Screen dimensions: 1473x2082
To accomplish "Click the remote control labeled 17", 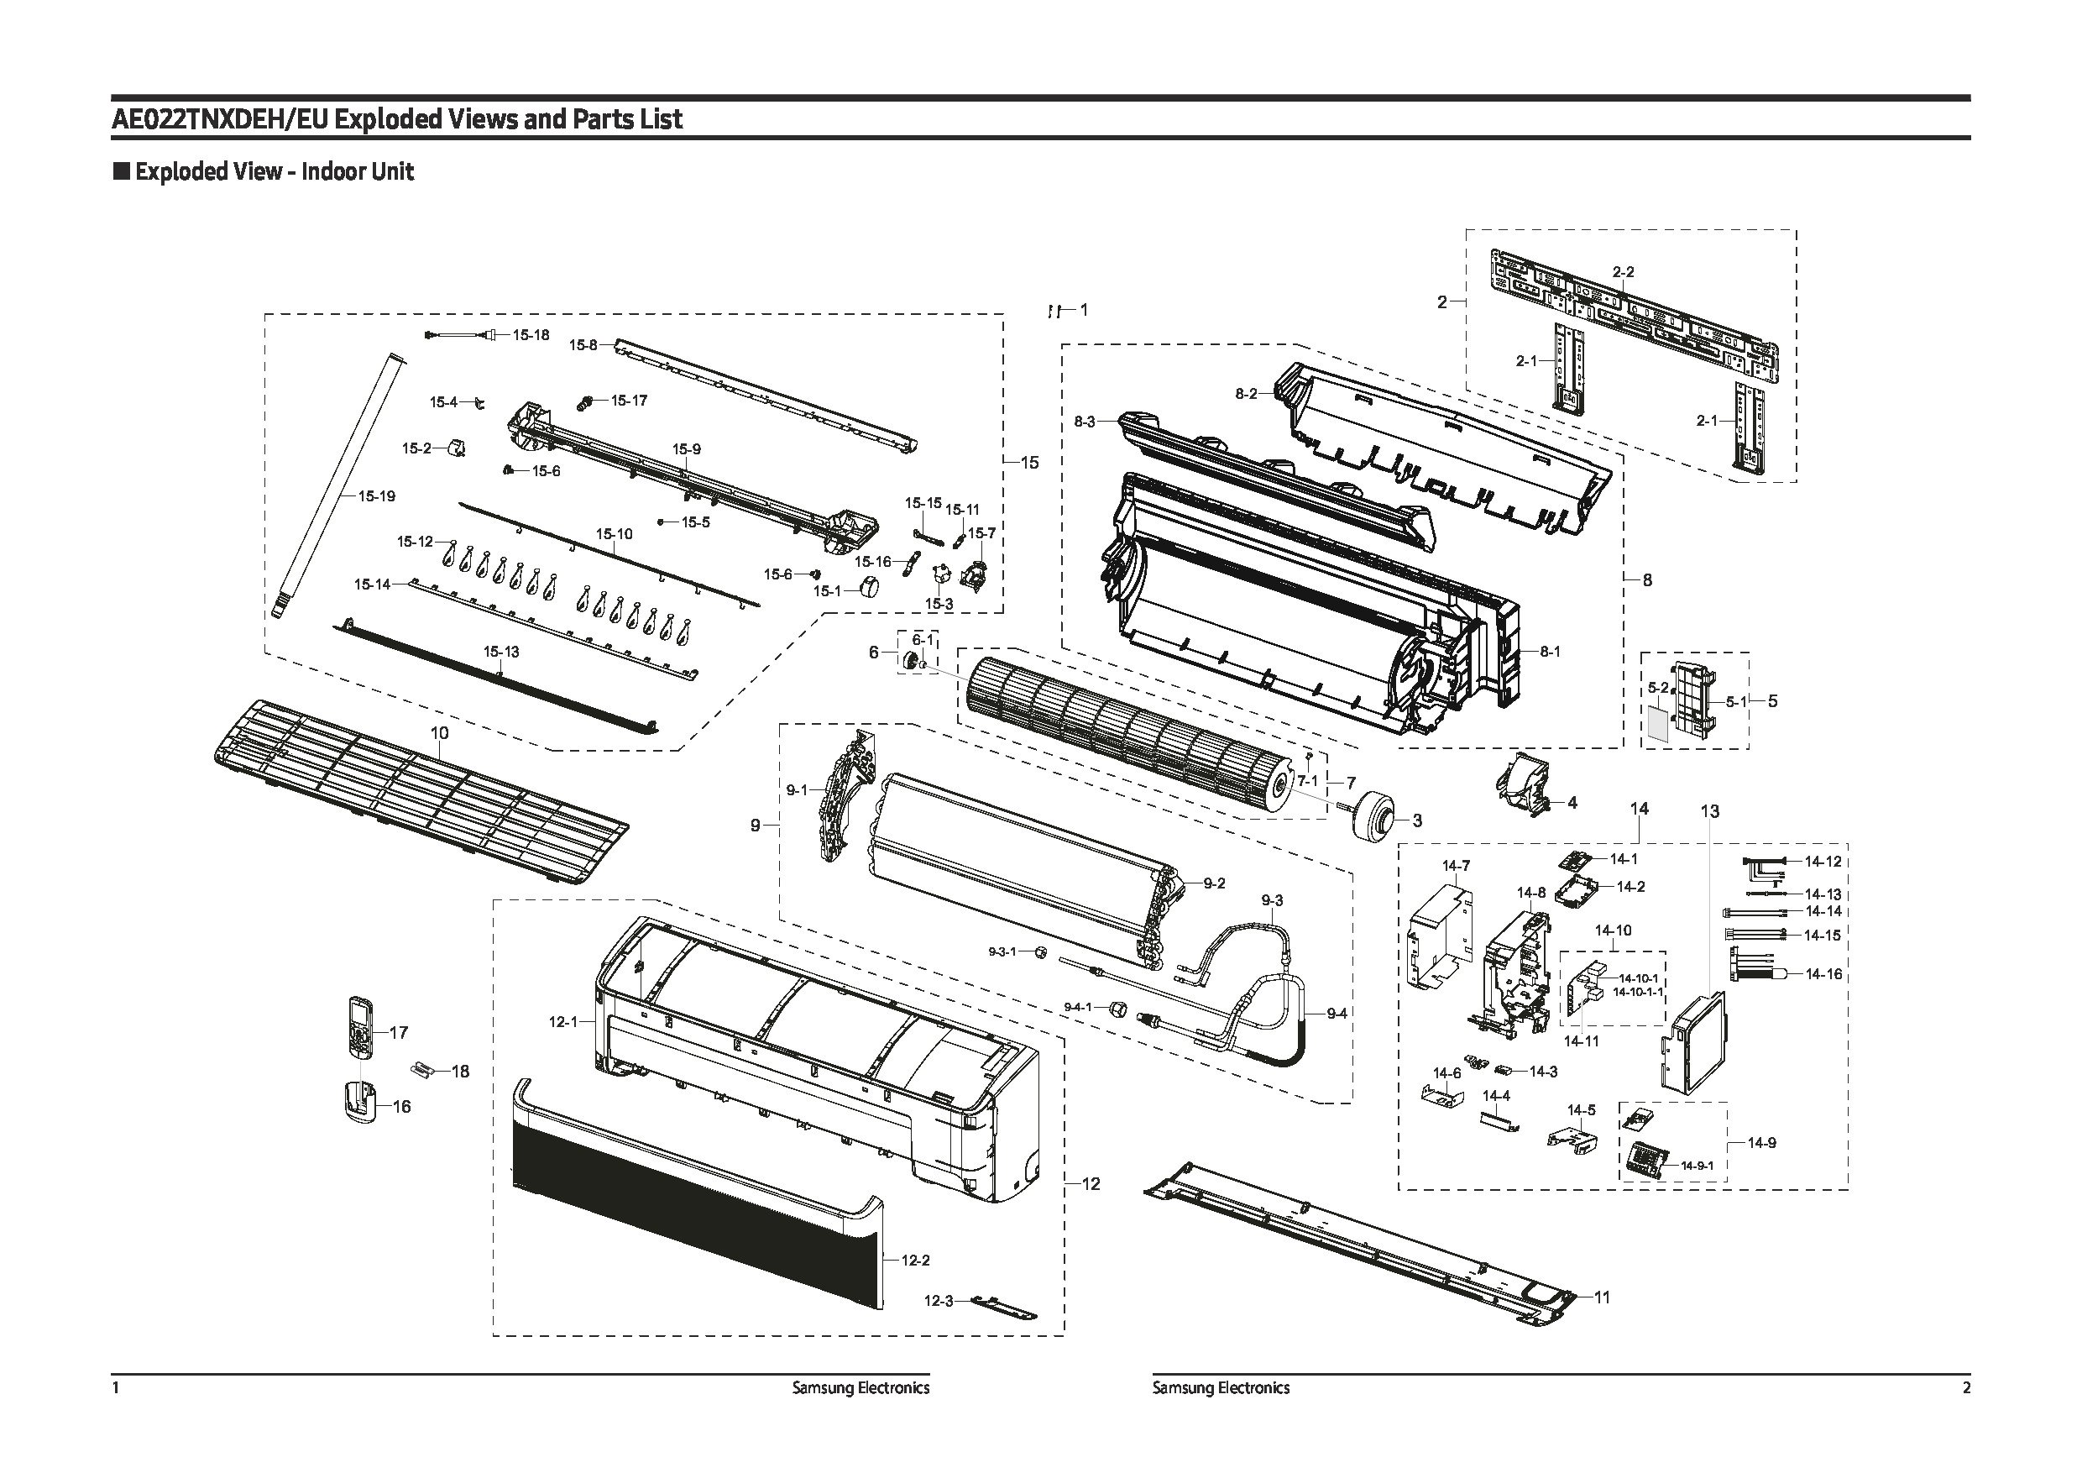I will (362, 1027).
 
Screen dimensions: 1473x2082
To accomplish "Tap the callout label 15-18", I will (531, 335).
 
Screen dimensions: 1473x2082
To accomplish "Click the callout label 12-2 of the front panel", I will (915, 1260).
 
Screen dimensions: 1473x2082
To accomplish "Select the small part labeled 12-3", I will (1003, 1307).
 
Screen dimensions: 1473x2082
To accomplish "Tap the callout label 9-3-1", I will (1002, 951).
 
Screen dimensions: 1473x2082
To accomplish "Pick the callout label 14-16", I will (1823, 974).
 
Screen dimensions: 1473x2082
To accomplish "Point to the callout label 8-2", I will (1246, 394).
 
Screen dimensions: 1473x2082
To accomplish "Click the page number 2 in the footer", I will (1966, 1387).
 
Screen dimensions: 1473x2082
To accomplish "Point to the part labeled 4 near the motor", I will (1525, 787).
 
